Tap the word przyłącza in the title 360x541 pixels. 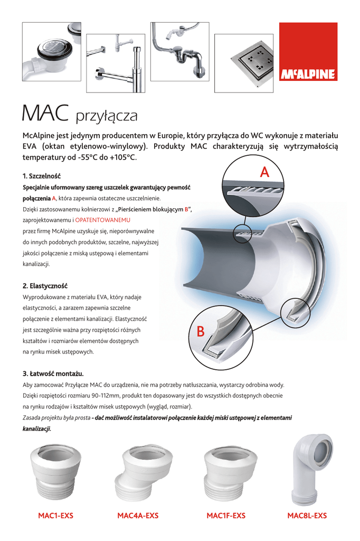tap(107, 114)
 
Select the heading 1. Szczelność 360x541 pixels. tap(42, 175)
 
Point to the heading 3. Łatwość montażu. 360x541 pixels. tap(53, 373)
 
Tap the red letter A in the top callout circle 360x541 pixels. tap(265, 172)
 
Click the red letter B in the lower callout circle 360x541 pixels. tap(200, 331)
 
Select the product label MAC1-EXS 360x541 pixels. tap(55, 516)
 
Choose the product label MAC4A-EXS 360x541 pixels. tap(138, 516)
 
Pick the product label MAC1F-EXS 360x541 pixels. tap(226, 516)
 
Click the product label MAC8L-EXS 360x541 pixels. tap(307, 516)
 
